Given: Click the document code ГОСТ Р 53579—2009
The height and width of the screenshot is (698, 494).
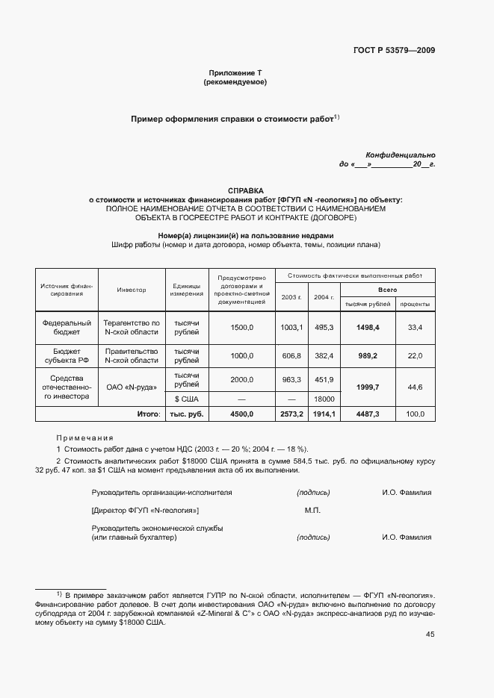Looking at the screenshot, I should (394, 51).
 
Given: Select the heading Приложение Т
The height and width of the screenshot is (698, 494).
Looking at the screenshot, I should (235, 73).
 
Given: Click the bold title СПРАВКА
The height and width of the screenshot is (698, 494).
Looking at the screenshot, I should (246, 190).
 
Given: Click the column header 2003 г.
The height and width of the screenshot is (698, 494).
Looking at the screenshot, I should (291, 297).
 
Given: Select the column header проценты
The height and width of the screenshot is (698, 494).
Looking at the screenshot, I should (413, 304).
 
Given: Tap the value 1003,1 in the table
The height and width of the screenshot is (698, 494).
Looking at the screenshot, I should (291, 327).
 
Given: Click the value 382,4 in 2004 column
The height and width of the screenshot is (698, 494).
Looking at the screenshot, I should (323, 356).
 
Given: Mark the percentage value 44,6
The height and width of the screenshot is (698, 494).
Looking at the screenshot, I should (414, 387).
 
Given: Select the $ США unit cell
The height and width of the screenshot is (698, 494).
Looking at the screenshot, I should (186, 399).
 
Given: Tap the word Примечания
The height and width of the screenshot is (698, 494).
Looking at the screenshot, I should (84, 437).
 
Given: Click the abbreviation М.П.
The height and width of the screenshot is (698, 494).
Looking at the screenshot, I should (312, 510).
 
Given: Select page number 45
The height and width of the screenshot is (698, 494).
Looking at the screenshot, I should (430, 635).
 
